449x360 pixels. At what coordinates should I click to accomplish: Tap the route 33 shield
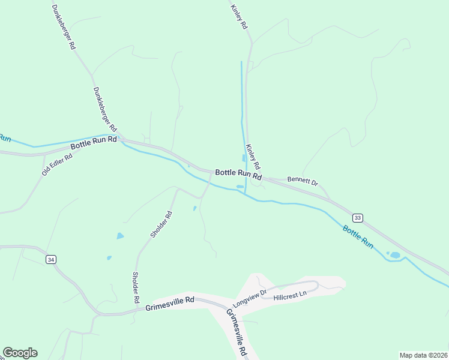click(358, 217)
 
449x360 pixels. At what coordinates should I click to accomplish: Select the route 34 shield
click(50, 259)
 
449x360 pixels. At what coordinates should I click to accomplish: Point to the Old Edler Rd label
click(57, 163)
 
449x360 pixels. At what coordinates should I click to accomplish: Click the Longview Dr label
click(249, 298)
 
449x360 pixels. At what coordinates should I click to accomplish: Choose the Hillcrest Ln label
click(290, 295)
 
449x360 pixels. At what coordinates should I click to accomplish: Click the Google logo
click(20, 353)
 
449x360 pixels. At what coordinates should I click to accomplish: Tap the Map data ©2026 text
click(423, 355)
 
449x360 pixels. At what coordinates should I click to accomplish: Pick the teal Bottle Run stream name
click(358, 237)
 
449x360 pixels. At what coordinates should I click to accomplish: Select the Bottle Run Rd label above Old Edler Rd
click(93, 143)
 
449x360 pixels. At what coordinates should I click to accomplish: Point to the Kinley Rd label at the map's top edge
click(239, 17)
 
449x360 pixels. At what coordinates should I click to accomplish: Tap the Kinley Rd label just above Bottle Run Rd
click(253, 156)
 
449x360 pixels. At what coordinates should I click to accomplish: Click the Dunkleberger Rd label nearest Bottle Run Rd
click(104, 109)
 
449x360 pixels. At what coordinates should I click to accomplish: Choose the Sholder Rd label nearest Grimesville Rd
click(136, 287)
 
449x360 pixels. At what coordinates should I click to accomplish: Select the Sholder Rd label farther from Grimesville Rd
click(161, 224)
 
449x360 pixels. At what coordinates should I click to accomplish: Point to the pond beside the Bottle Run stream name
click(395, 255)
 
